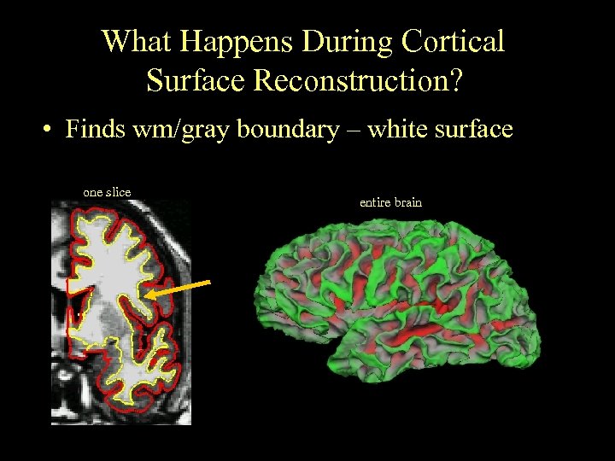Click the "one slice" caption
coord(107,192)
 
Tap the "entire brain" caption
coord(390,202)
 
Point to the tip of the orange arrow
coord(147,296)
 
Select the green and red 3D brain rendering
coord(397,299)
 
